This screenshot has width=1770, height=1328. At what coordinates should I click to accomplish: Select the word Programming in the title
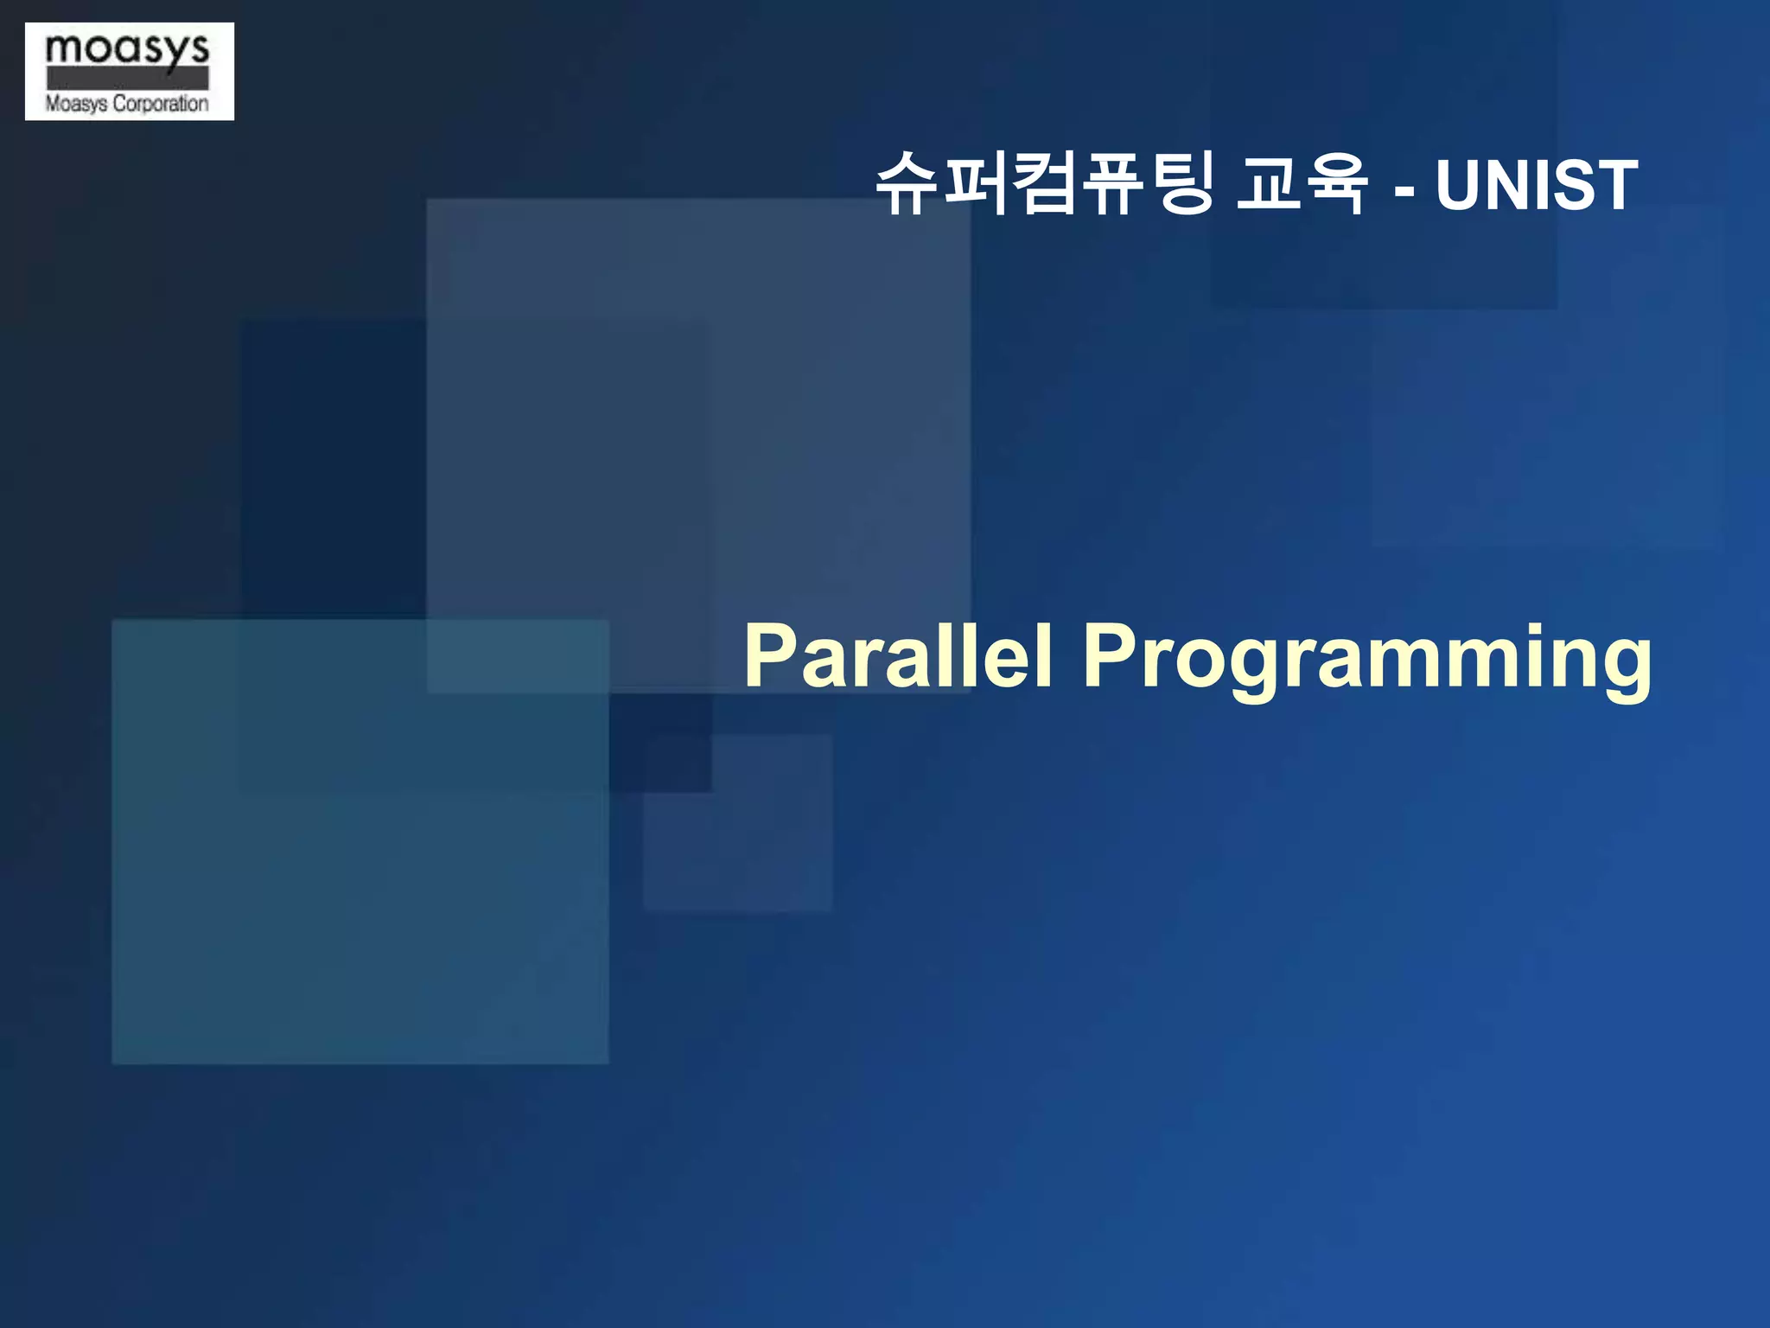pos(1367,659)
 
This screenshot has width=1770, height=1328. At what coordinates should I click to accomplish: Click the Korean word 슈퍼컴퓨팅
pos(1046,182)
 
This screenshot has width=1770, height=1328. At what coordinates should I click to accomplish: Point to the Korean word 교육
pos(1302,182)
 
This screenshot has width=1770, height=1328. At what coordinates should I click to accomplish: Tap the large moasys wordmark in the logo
pos(127,49)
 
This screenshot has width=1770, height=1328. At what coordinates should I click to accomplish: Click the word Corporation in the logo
pos(161,104)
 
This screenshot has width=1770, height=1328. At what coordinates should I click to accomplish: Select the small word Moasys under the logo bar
pos(76,104)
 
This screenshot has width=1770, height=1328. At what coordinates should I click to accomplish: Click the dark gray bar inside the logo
pos(127,79)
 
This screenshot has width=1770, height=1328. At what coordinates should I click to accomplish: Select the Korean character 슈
pos(907,182)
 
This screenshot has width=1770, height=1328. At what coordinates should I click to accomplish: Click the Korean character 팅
pos(1184,182)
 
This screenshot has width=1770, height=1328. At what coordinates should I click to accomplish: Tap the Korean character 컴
pos(1046,182)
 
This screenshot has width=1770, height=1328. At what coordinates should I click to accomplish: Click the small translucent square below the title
pos(737,822)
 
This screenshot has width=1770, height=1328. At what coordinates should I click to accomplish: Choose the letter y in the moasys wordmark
pos(173,54)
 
